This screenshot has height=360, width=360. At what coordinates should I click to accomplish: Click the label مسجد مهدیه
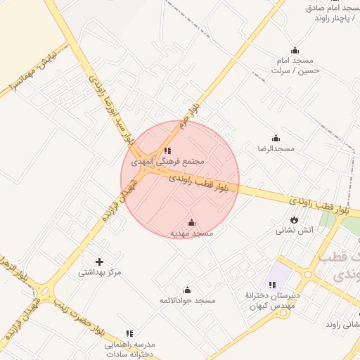[x=191, y=233]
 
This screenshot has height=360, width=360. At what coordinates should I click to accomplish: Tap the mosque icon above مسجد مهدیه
[x=191, y=222]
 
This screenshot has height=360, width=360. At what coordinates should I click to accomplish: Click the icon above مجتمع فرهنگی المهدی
[x=167, y=150]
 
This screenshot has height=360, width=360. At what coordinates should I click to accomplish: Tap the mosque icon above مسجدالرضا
[x=276, y=138]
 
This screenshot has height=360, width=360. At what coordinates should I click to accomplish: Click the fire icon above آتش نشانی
[x=294, y=220]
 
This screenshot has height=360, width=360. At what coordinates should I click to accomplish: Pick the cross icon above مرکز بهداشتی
[x=98, y=262]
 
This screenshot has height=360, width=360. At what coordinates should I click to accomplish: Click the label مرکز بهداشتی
[x=98, y=272]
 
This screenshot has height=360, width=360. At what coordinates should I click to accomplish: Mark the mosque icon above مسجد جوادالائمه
[x=187, y=290]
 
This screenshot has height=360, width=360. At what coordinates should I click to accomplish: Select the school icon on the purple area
[x=271, y=284]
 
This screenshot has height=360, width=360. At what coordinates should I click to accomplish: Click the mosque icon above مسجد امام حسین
[x=295, y=50]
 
